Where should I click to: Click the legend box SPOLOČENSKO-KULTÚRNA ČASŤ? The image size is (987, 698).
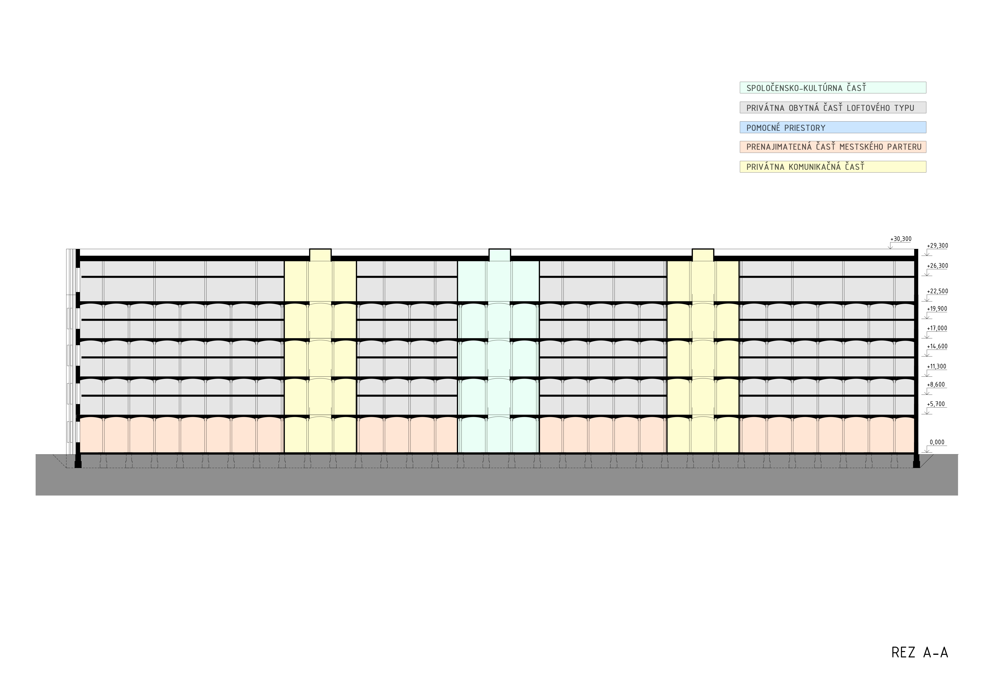click(833, 88)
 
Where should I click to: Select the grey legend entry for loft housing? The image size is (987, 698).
click(833, 107)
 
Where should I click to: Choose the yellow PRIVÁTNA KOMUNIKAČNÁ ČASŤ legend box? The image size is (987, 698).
click(833, 167)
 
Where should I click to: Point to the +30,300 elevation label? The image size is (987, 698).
click(901, 239)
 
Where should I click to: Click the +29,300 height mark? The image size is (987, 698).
click(937, 246)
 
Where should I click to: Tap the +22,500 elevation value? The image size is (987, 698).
click(937, 291)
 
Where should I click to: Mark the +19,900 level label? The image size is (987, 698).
click(937, 309)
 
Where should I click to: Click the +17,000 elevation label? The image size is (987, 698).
click(937, 328)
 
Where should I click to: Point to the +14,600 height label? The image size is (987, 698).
click(937, 346)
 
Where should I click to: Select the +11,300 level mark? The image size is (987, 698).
click(937, 367)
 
